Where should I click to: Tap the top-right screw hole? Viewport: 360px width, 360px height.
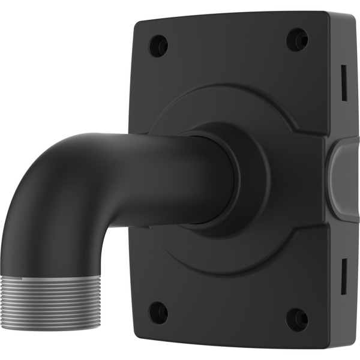[296, 40]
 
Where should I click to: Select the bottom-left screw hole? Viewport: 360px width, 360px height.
[158, 312]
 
